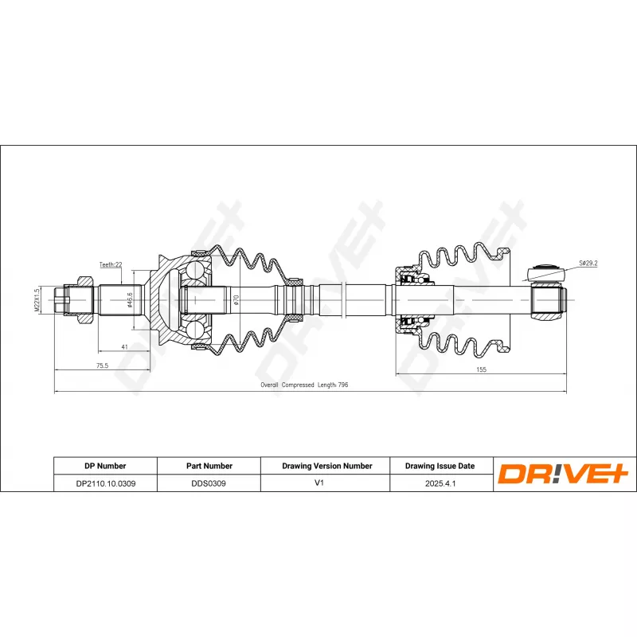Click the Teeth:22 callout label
[x=111, y=264]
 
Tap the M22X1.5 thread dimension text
[x=37, y=300]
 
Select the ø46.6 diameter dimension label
[x=130, y=300]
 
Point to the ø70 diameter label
[x=236, y=300]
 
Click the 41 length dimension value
[x=124, y=347]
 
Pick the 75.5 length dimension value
[x=102, y=365]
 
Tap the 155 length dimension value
[x=481, y=369]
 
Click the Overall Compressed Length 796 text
[x=304, y=385]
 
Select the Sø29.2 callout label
[x=588, y=264]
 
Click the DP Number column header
[x=105, y=466]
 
